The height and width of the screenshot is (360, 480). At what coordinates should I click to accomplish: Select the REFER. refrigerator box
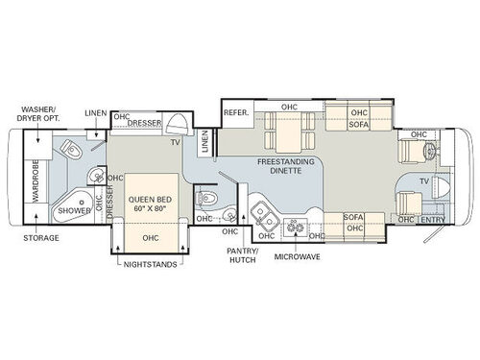point(236,112)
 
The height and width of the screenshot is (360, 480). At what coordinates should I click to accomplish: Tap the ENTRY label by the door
point(431,219)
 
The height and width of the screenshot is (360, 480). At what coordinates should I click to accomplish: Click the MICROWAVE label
point(297,257)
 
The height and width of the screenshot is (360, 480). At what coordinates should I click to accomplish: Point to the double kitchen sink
point(258,213)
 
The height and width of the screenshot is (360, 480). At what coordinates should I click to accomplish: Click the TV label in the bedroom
point(176,142)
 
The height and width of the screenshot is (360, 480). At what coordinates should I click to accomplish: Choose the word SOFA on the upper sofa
point(358,124)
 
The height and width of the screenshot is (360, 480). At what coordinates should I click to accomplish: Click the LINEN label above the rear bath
point(94,113)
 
